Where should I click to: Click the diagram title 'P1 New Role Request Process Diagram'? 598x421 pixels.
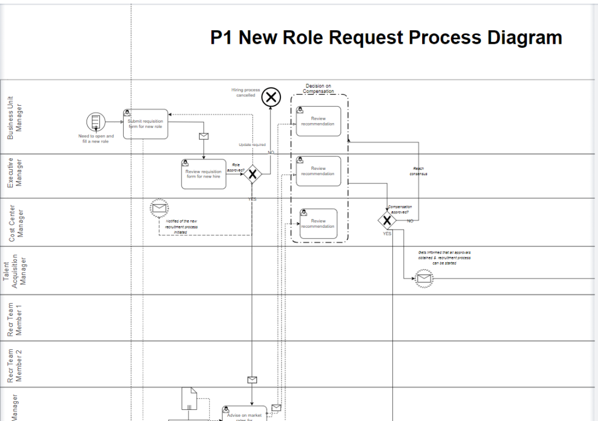(x=386, y=38)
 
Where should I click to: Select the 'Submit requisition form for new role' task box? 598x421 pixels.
(x=145, y=124)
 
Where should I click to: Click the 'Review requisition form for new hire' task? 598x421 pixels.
(x=203, y=174)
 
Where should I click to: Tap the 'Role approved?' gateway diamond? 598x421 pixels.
(x=252, y=174)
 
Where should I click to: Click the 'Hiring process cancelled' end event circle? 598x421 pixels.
(x=270, y=97)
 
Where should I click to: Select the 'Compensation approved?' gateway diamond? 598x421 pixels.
(x=387, y=221)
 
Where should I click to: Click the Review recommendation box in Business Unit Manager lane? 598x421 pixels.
(x=318, y=121)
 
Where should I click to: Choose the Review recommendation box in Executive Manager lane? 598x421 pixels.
(x=318, y=171)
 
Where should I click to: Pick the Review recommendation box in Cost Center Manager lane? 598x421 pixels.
(x=318, y=224)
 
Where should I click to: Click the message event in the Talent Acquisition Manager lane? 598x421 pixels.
(x=424, y=279)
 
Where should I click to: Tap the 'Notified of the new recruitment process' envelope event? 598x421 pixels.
(x=159, y=208)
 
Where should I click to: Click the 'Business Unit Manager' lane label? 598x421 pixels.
(x=15, y=117)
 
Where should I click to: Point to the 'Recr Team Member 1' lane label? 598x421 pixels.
(x=15, y=318)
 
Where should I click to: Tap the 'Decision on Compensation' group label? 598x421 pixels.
(x=318, y=89)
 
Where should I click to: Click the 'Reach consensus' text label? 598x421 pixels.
(x=418, y=171)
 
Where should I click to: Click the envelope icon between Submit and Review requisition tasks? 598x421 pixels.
(x=203, y=137)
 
